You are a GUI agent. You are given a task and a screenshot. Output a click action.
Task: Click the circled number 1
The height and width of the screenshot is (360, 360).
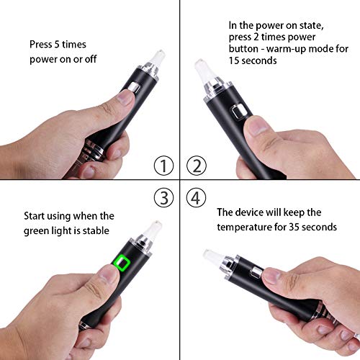pos(165,166)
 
